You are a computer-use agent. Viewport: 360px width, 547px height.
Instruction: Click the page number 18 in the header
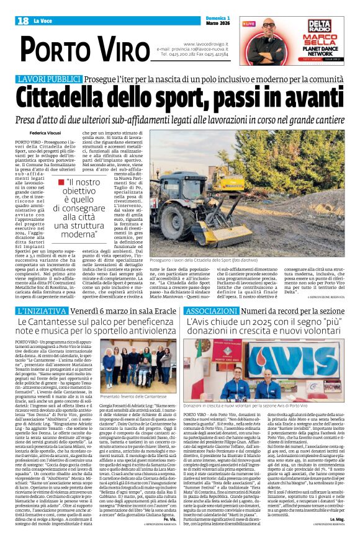pyautogui.click(x=23, y=21)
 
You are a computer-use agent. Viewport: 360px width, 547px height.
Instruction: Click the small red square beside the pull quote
pyautogui.click(x=60, y=182)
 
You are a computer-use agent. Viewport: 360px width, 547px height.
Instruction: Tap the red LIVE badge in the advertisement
pyautogui.click(x=249, y=24)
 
